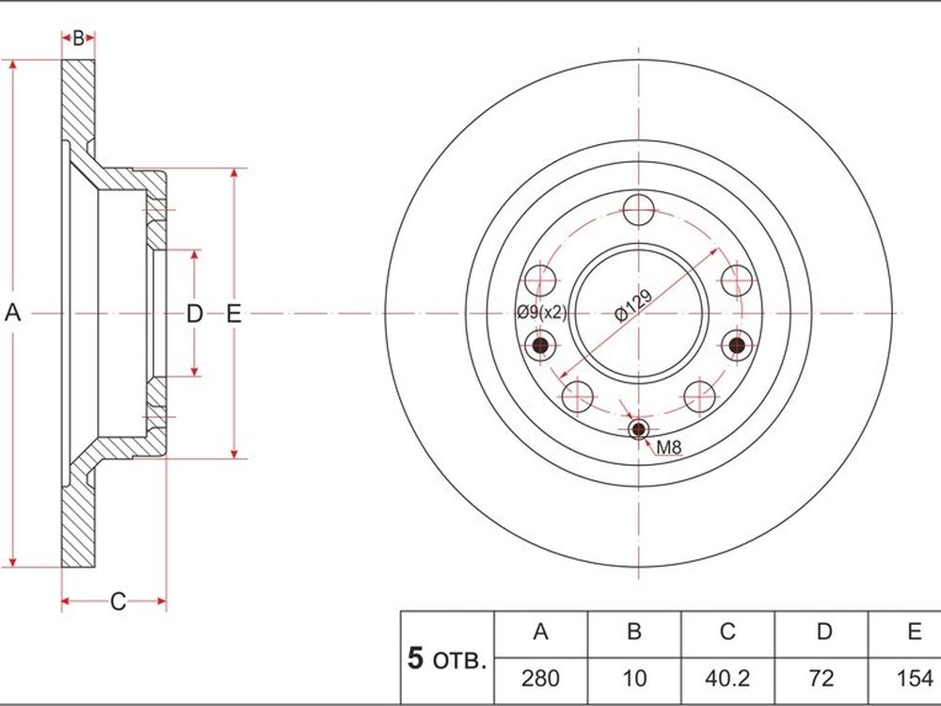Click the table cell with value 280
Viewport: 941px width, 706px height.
[x=541, y=679]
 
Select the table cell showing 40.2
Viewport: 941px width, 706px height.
[x=727, y=679]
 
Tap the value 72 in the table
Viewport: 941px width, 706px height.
[x=821, y=679]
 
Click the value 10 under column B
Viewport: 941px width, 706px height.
[x=634, y=679]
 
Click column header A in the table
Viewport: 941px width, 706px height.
[x=541, y=633]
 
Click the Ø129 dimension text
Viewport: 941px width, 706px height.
[x=633, y=306]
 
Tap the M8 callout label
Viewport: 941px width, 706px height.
[x=668, y=447]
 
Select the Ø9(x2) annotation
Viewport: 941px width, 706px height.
[x=542, y=313]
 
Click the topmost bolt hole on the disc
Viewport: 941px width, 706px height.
[x=639, y=210]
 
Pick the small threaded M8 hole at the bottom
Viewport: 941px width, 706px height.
[x=639, y=429]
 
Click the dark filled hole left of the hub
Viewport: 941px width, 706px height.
[x=541, y=345]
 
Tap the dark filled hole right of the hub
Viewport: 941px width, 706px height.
[x=737, y=345]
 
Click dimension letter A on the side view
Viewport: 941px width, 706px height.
[x=12, y=313]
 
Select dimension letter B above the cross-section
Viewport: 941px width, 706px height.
[x=78, y=39]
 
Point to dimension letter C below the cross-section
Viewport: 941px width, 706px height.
[x=119, y=602]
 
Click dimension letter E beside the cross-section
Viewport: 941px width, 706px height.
[x=233, y=313]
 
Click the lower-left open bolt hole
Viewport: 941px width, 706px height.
[x=578, y=397]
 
